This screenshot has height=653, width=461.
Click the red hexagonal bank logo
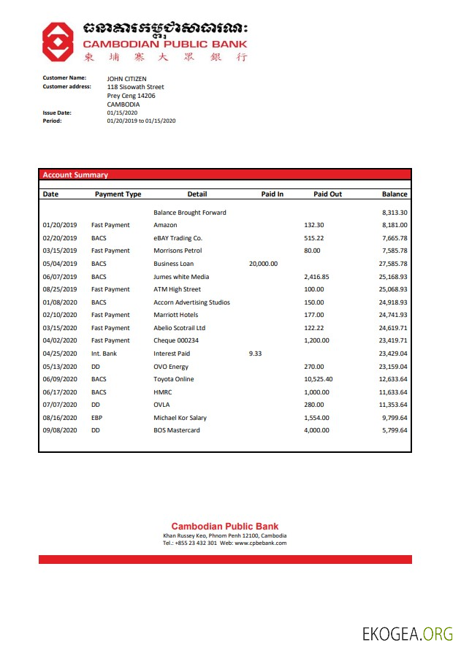click(58, 41)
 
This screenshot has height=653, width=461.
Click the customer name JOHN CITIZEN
click(126, 78)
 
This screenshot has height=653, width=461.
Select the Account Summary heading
click(75, 175)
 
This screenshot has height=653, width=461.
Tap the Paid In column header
click(272, 194)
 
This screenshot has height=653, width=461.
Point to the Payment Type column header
click(118, 194)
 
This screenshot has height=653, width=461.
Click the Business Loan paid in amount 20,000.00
click(263, 264)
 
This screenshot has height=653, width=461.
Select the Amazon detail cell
click(165, 225)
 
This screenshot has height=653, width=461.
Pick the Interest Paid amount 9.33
click(255, 354)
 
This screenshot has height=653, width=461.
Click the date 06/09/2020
click(60, 379)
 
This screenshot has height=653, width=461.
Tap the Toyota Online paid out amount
click(318, 379)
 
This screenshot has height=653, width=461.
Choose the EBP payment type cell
click(97, 418)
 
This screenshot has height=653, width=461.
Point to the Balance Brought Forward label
click(190, 213)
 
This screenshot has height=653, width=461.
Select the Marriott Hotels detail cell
click(175, 315)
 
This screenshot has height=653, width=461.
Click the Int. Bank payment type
click(104, 354)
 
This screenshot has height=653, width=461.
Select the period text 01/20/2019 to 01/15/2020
click(141, 121)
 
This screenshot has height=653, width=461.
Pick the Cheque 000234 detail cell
click(176, 340)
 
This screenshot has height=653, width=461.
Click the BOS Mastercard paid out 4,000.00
click(316, 430)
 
